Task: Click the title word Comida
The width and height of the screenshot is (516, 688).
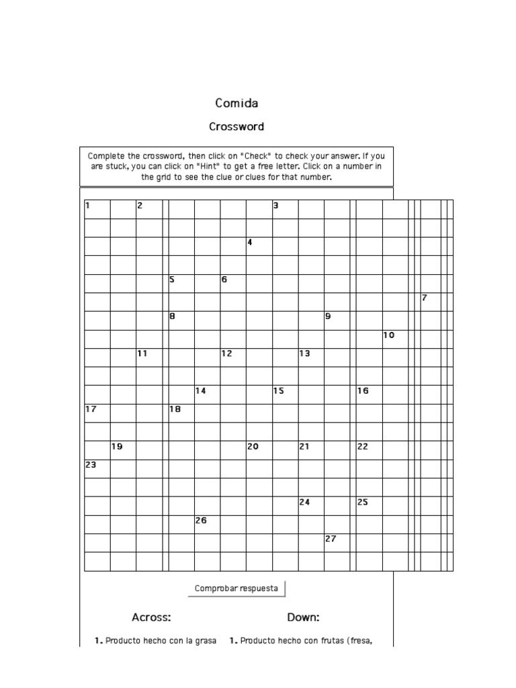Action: pyautogui.click(x=236, y=103)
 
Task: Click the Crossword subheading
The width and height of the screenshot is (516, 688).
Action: pyautogui.click(x=236, y=126)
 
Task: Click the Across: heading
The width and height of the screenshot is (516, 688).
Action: pyautogui.click(x=151, y=617)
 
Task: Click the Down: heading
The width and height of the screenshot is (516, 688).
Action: pyautogui.click(x=303, y=617)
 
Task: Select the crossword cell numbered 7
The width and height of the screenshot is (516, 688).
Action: pyautogui.click(x=430, y=302)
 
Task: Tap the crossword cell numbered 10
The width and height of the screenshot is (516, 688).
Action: pyautogui.click(x=395, y=339)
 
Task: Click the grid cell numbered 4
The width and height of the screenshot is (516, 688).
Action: pyautogui.click(x=259, y=246)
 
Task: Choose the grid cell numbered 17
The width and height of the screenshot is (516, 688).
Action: pyautogui.click(x=97, y=412)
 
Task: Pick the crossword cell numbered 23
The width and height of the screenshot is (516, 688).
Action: pyautogui.click(x=97, y=468)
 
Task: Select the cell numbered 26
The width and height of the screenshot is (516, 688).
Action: pyautogui.click(x=207, y=523)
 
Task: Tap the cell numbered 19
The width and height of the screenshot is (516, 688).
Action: pyautogui.click(x=123, y=449)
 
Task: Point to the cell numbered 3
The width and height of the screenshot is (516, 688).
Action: pyautogui.click(x=285, y=209)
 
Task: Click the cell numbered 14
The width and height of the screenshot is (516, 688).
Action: pyautogui.click(x=207, y=394)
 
